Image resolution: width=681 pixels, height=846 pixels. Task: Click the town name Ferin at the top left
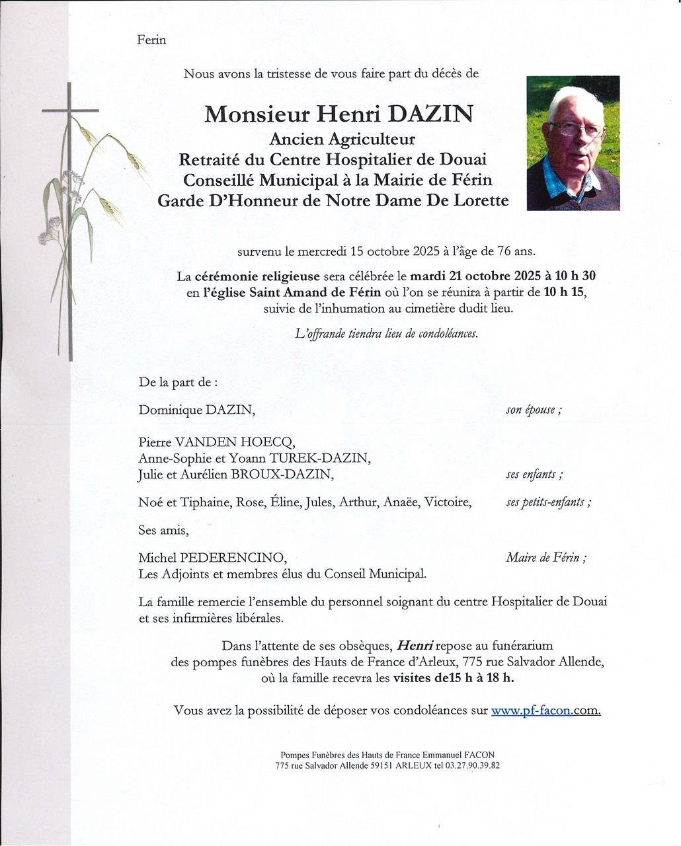coord(151,40)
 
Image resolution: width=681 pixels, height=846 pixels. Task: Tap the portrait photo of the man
coord(573,143)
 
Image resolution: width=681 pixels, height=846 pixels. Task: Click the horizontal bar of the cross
coord(69,110)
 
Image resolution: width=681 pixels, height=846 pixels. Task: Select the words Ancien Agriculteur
coord(342,139)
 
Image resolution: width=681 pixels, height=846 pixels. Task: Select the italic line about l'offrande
coord(386,334)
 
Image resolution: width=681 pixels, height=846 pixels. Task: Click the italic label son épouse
coord(534,410)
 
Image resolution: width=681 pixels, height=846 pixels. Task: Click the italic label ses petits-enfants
coord(548,502)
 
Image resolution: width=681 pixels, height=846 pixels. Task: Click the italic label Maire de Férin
coord(546,558)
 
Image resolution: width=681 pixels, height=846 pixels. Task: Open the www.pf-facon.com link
coord(545,711)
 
